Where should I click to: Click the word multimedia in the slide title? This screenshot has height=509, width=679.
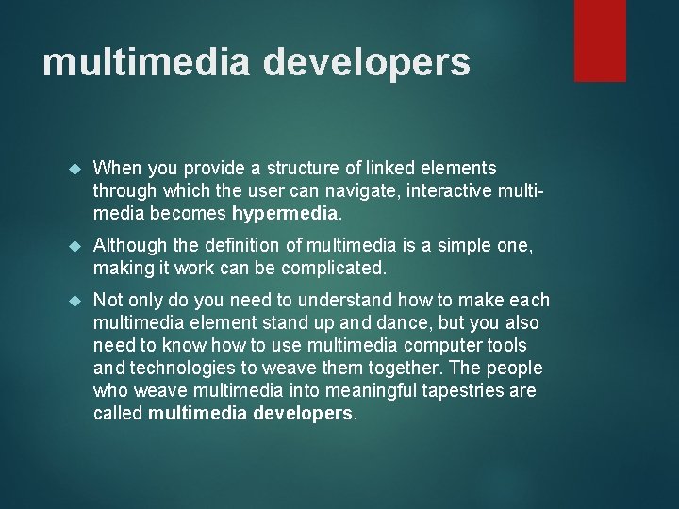click(x=146, y=62)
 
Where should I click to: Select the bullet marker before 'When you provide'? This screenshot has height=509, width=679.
click(x=78, y=169)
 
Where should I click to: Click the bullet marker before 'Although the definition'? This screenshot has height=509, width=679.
click(x=78, y=247)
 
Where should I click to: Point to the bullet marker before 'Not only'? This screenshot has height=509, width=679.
click(x=78, y=301)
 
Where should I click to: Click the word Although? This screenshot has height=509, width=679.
click(x=131, y=247)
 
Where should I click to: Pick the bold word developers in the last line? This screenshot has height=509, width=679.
click(x=302, y=412)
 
